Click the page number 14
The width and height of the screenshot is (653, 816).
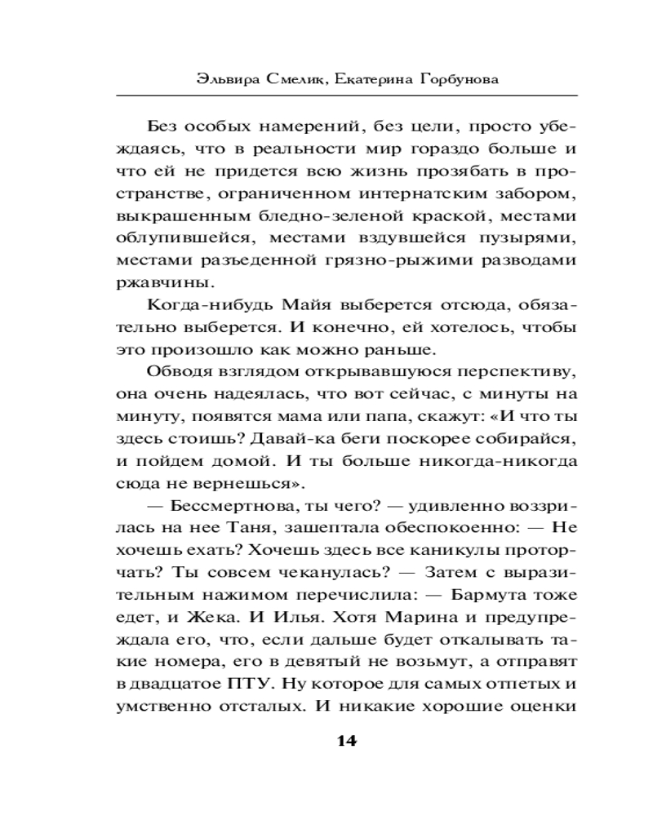coord(346,742)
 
